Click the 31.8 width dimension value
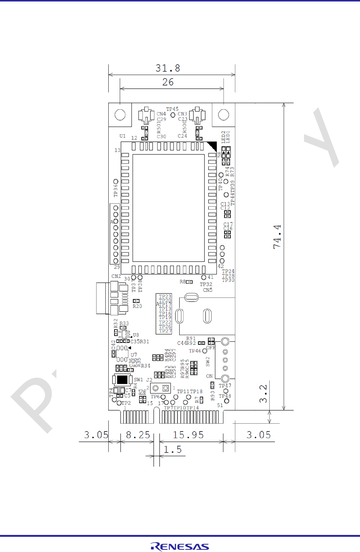tap(168, 68)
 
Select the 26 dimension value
tap(168, 82)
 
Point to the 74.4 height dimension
tap(277, 237)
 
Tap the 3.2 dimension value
tap(263, 394)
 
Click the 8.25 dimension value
tap(138, 435)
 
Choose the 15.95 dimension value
tap(189, 435)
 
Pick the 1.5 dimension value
tap(173, 450)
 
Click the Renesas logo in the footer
tap(180, 546)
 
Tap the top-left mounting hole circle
tap(120, 115)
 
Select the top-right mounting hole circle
tap(223, 115)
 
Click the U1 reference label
tap(122, 136)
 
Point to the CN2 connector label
tap(116, 276)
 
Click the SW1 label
tap(138, 380)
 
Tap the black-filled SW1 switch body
tap(122, 379)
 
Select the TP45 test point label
tap(172, 109)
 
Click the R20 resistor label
tap(137, 306)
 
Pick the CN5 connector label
tap(208, 290)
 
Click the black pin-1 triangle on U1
tap(212, 146)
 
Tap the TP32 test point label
tap(206, 285)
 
